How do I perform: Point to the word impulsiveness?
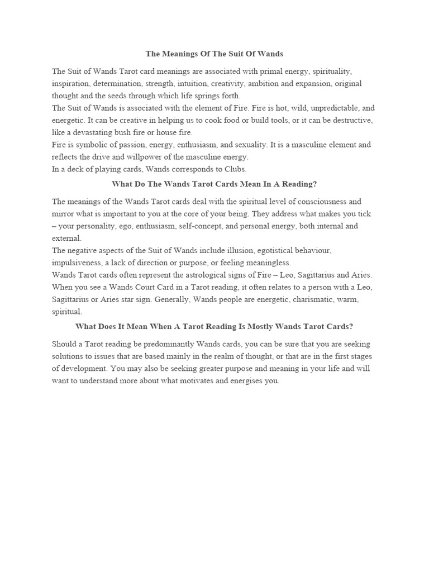78,263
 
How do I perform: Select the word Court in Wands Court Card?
147,287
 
